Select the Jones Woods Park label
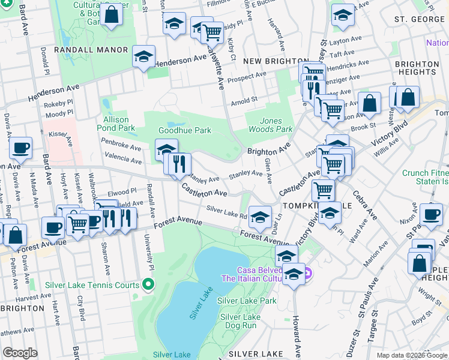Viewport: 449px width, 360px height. [270, 125]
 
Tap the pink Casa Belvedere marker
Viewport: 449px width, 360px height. [307, 274]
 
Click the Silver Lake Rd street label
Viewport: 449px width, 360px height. [227, 212]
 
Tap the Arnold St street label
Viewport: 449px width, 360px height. [244, 100]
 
